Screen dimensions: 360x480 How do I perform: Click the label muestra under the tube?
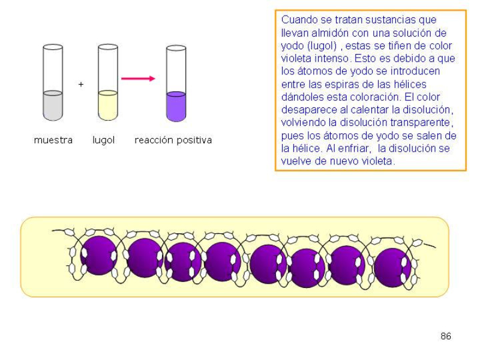(53, 140)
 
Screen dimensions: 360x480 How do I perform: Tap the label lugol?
(103, 140)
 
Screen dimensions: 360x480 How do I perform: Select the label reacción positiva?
(173, 140)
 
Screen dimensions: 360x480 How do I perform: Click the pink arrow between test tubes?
(138, 78)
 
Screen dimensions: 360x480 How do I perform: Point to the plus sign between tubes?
(81, 85)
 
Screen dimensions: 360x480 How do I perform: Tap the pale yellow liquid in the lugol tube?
(108, 105)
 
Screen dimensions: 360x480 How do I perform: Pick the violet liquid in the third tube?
(176, 106)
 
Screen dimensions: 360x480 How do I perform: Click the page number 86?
(445, 336)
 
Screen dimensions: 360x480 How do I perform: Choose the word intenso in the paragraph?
(331, 59)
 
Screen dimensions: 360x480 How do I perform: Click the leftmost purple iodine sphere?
(99, 255)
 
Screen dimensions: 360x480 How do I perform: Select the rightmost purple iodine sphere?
(392, 266)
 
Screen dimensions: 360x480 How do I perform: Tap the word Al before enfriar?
(335, 148)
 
